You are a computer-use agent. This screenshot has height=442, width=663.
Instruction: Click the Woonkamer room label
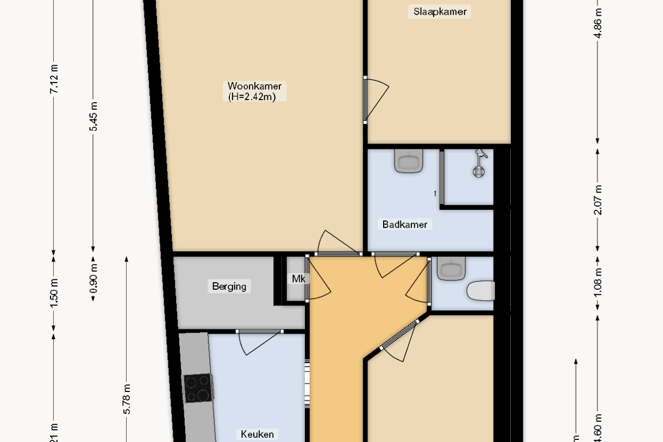[x=254, y=86]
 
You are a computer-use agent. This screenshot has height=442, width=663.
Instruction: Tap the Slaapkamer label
[x=440, y=11]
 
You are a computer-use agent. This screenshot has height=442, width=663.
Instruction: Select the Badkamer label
[x=404, y=224]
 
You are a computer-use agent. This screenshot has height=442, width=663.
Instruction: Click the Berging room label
[x=229, y=286]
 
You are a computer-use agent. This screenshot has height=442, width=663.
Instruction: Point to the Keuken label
[x=258, y=434]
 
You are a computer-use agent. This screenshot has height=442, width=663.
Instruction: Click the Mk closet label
[x=298, y=279]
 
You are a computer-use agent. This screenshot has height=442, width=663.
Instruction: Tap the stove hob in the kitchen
[x=198, y=388]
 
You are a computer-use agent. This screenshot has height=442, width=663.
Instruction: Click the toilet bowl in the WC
[x=481, y=291]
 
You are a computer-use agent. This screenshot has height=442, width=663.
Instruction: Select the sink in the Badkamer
[x=409, y=161]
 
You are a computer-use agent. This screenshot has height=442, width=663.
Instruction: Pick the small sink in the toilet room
[x=452, y=268]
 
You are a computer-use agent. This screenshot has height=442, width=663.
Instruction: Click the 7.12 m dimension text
[x=54, y=79]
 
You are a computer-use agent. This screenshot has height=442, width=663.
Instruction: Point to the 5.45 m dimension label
[x=93, y=116]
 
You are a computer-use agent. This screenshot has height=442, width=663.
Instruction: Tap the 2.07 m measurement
[x=598, y=200]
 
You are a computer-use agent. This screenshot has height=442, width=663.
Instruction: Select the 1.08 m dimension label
[x=598, y=283]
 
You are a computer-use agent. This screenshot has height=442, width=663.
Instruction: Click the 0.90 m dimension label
[x=93, y=278]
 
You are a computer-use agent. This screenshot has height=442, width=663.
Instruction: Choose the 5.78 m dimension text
[x=127, y=399]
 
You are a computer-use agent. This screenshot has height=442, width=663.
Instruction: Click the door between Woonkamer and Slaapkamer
[x=375, y=99]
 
